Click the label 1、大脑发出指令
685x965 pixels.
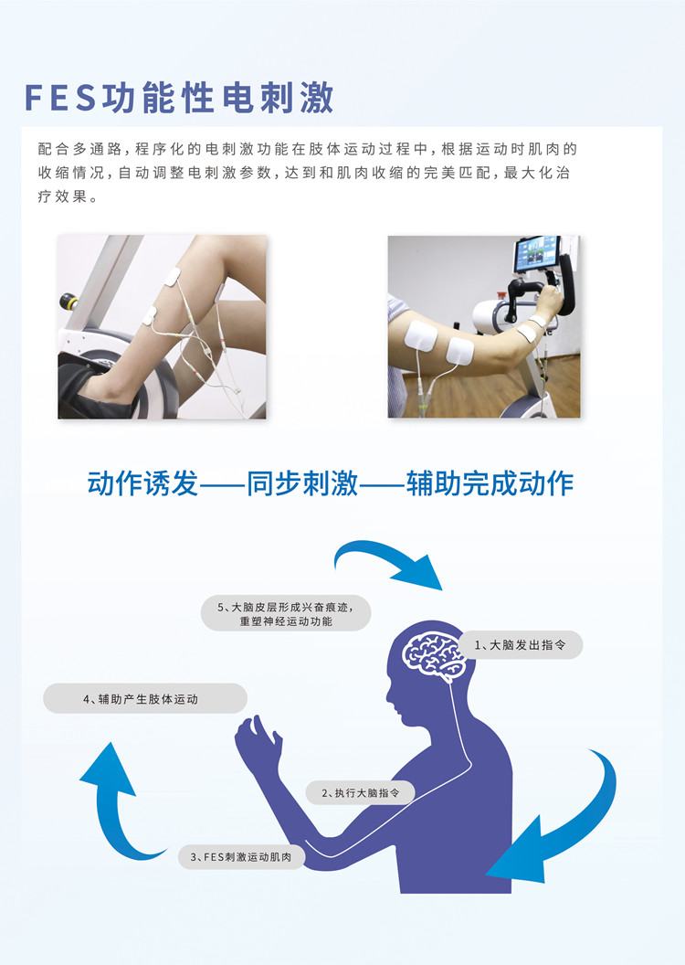coord(520,645)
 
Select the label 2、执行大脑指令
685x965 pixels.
coord(361,793)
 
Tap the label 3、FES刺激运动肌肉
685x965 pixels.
coord(241,856)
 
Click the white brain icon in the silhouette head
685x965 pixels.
coord(437,654)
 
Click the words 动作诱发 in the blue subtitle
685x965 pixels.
coord(142,482)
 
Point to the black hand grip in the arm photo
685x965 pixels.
coord(531,293)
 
